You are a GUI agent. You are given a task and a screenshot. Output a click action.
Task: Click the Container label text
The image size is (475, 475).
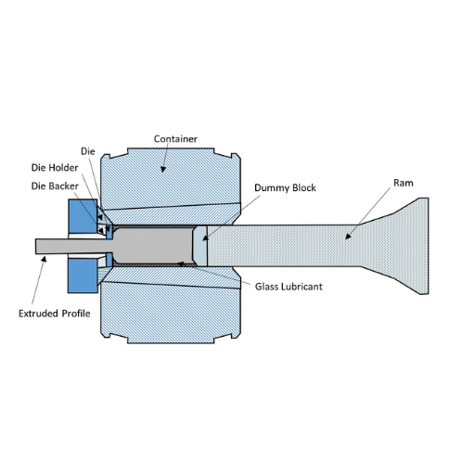(x=175, y=139)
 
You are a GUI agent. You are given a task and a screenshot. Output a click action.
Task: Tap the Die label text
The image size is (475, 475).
(x=88, y=151)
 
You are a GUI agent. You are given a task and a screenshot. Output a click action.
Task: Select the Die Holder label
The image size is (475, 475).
(x=55, y=168)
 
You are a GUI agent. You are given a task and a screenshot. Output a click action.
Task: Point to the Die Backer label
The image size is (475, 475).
(x=55, y=186)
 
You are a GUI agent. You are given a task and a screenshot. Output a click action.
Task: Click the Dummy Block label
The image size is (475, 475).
(x=285, y=188)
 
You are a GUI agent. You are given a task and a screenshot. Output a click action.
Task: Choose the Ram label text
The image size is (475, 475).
(x=404, y=183)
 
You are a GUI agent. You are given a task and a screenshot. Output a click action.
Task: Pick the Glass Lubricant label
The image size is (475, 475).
(x=289, y=287)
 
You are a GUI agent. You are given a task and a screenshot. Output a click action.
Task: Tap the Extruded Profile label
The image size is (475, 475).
(x=55, y=314)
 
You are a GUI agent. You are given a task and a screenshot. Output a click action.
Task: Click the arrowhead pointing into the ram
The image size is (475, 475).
(x=349, y=237)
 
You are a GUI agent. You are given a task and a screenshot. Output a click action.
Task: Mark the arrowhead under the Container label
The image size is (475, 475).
(x=163, y=169)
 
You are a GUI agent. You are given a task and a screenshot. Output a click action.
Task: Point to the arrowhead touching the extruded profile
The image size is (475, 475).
(x=44, y=259)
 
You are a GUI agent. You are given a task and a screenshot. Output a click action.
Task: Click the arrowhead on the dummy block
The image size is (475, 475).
(x=205, y=237)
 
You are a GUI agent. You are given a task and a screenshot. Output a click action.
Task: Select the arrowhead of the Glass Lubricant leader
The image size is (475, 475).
(x=180, y=263)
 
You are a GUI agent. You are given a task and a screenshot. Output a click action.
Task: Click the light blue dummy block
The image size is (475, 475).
(x=199, y=246)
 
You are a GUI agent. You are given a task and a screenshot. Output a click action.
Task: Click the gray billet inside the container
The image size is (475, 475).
(x=153, y=246)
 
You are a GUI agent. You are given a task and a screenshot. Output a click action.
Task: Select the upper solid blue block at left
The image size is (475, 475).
(x=83, y=216)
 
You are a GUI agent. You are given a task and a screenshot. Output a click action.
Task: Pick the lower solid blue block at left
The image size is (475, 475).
(x=83, y=276)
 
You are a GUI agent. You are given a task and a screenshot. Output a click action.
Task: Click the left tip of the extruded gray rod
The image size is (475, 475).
(x=35, y=246)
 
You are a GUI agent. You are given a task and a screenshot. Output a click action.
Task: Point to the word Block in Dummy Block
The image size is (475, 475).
(x=304, y=188)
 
